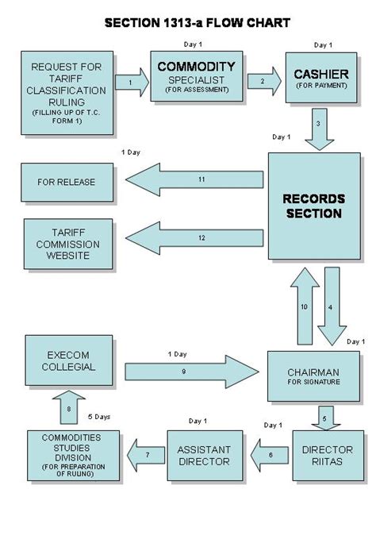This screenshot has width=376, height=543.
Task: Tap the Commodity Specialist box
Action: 197,75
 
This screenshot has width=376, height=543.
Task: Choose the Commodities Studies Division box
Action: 73,456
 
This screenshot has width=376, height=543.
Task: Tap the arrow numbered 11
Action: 194,181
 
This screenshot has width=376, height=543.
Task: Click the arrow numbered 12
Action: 194,237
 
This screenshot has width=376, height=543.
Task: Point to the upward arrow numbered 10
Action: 304,305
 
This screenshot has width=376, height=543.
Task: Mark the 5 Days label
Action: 98,416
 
